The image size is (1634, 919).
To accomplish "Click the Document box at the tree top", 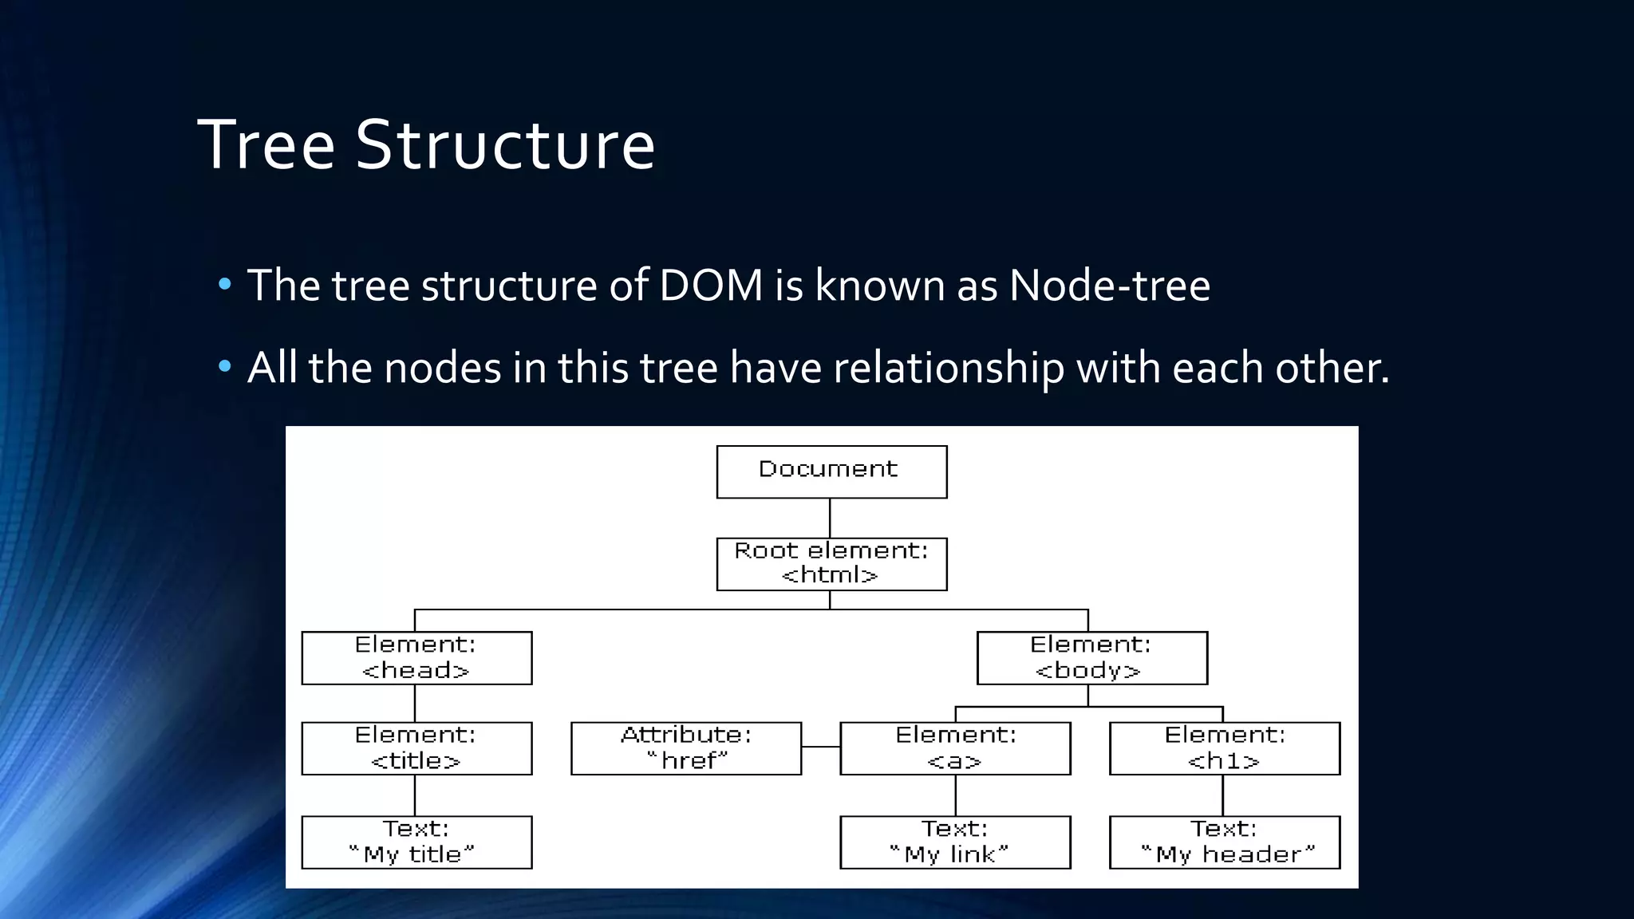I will click(x=831, y=471).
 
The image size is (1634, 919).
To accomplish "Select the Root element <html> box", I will click(x=831, y=564).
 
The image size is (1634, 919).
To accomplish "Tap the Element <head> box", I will click(x=416, y=658).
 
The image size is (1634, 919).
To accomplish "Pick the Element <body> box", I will click(x=1091, y=658).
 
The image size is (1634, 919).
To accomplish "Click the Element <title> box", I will click(x=416, y=748).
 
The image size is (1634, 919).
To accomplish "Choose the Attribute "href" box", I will click(x=686, y=748).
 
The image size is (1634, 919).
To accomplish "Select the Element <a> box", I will click(x=955, y=748).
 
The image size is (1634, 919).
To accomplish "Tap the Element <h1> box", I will click(x=1225, y=748).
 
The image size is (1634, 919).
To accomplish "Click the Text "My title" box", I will click(x=416, y=842).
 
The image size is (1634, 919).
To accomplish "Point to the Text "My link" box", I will click(x=955, y=842).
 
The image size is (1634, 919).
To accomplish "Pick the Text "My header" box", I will click(x=1225, y=842).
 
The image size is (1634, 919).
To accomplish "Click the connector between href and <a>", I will click(x=821, y=747).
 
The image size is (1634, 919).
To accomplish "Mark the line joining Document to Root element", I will click(x=830, y=519).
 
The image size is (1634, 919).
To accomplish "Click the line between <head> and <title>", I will click(x=415, y=704).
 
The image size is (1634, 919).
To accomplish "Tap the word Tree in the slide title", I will click(x=266, y=145).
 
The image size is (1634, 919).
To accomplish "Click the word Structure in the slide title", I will click(x=504, y=145).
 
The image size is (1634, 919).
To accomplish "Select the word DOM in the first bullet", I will click(x=711, y=286).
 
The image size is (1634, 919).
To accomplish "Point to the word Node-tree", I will click(x=1109, y=286).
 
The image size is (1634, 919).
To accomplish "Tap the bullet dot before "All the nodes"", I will click(x=225, y=367).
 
